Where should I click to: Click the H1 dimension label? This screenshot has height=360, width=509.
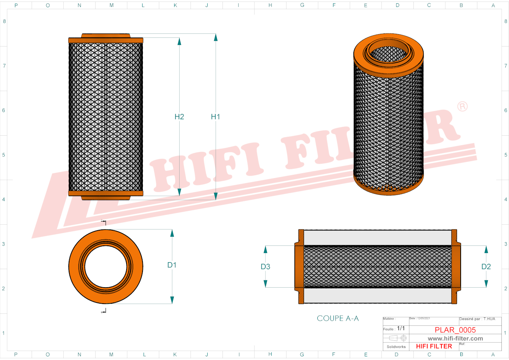(x=215, y=117)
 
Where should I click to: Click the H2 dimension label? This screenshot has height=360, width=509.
(x=179, y=117)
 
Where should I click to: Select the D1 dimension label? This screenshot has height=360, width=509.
(x=172, y=265)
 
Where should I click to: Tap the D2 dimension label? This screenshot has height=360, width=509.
(x=486, y=267)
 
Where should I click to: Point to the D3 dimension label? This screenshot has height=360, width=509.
(x=265, y=267)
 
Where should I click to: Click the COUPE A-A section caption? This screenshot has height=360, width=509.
(x=338, y=319)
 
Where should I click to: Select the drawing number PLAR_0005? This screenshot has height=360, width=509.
(x=455, y=330)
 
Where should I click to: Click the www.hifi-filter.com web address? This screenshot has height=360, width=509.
(x=455, y=339)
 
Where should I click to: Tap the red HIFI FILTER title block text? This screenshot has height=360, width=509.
(x=434, y=346)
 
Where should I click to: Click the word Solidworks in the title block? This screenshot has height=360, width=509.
(x=396, y=347)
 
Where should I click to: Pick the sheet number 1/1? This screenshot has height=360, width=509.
(x=401, y=328)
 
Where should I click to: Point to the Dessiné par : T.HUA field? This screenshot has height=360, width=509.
(x=477, y=319)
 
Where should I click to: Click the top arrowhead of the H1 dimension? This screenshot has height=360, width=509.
(x=216, y=37)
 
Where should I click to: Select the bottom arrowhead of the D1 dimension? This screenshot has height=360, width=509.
(x=172, y=300)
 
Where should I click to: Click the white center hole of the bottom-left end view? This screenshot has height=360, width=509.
(x=105, y=267)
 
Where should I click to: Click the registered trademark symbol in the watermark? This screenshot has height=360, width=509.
(x=462, y=107)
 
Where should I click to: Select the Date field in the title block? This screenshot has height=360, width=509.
(x=420, y=319)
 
